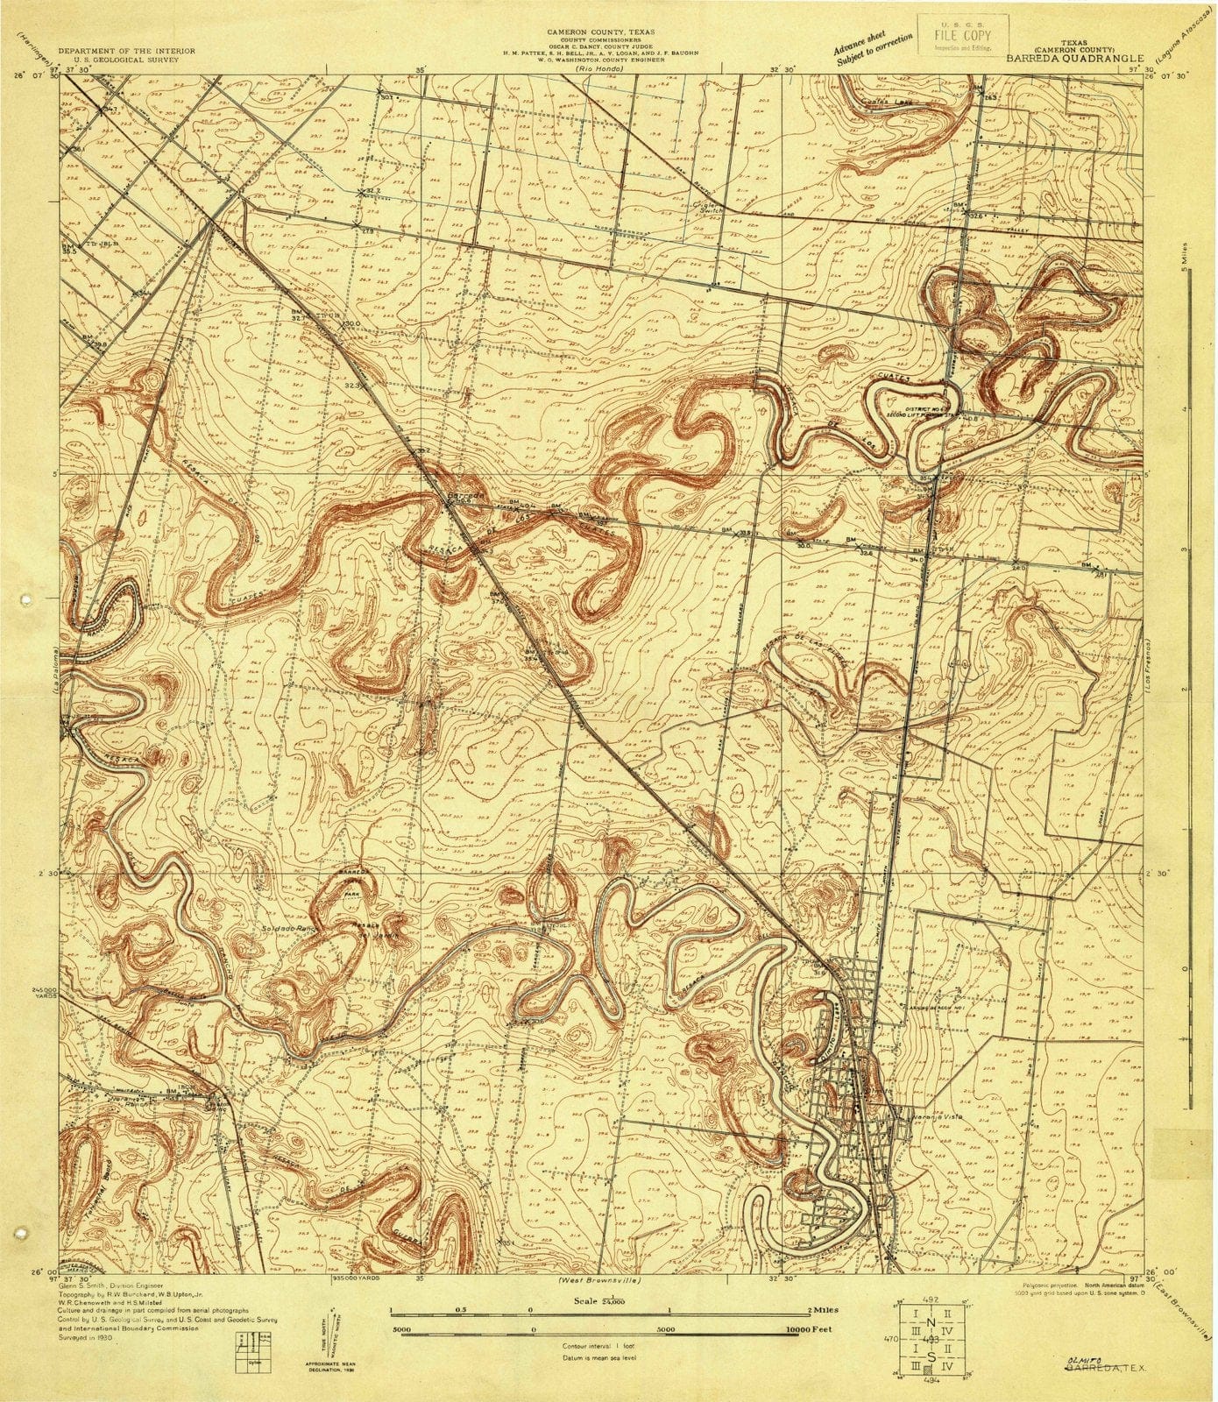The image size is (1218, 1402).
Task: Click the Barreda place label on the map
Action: click(464, 496)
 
